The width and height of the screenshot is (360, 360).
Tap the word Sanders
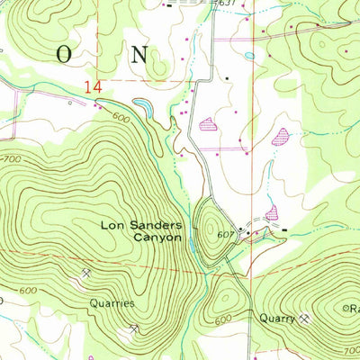pos(155,225)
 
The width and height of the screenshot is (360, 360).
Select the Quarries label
pos(112,303)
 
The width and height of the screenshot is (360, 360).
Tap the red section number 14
pos(91,87)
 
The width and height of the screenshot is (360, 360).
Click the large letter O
pos(64,53)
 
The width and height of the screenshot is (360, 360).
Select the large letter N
pos(139,53)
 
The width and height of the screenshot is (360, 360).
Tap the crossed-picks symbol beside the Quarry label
pos(306,317)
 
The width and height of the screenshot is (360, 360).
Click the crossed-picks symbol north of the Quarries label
pos(85,273)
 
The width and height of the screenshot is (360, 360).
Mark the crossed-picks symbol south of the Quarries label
pos(133,329)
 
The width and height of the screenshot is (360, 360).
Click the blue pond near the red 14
pos(143,109)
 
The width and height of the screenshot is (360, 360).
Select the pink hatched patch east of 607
pos(272,213)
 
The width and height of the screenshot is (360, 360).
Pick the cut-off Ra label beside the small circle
pos(354,308)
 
